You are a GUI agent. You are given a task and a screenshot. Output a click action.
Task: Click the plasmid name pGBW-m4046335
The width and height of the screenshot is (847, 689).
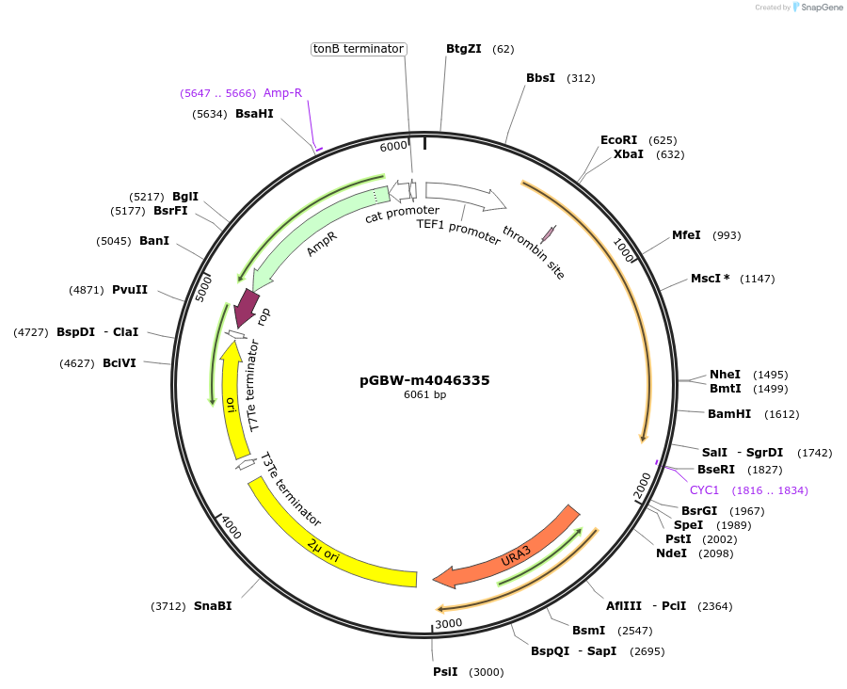tap(424, 380)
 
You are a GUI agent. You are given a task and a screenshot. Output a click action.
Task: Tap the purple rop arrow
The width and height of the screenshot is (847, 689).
tap(248, 307)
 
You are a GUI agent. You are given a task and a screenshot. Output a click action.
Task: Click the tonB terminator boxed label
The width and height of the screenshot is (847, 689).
tap(359, 49)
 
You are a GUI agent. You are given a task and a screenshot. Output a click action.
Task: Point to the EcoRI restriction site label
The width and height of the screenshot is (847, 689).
tap(618, 140)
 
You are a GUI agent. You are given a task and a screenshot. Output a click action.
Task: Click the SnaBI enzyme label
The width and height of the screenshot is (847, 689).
tap(213, 606)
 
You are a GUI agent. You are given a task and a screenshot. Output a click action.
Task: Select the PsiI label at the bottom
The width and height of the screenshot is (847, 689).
tap(445, 672)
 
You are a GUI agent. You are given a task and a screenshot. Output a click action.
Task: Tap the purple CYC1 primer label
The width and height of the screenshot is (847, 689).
tap(704, 490)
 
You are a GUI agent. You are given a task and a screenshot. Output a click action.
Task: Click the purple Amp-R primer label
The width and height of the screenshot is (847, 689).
tap(282, 93)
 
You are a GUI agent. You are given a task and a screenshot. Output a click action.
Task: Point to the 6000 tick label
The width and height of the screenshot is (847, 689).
tap(393, 146)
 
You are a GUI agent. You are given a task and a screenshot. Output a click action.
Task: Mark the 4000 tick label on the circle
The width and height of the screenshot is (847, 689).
tap(231, 529)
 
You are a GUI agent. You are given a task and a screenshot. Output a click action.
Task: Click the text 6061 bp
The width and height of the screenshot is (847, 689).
tap(424, 395)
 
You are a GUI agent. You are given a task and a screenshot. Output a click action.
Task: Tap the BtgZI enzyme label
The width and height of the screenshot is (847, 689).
tap(463, 49)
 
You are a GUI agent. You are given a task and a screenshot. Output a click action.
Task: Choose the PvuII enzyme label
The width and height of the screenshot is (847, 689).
tap(129, 290)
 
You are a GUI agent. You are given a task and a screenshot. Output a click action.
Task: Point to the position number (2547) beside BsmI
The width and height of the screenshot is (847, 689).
tap(637, 630)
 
